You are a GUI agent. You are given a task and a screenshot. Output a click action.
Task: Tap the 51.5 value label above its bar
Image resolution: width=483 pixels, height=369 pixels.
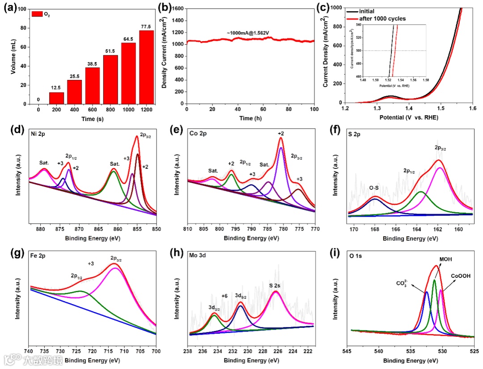[110, 51]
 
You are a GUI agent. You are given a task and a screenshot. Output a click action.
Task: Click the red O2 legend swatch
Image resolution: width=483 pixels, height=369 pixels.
[36, 14]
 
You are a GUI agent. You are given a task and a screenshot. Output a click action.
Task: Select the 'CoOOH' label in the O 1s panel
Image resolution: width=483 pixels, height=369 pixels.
[460, 277]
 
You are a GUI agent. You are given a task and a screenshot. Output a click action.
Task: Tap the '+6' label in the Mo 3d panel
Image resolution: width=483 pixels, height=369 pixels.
[225, 296]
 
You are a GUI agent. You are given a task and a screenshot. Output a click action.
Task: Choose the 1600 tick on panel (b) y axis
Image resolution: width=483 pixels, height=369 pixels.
[178, 8]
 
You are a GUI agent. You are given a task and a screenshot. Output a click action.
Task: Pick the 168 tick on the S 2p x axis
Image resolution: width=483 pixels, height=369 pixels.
[375, 230]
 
